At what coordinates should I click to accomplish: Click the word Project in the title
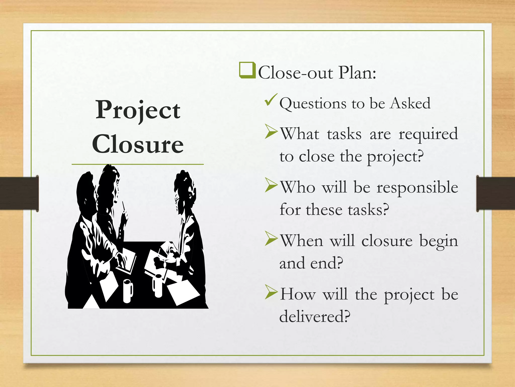coord(138,110)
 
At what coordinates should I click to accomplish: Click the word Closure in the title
coord(138,144)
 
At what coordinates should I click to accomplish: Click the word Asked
coord(410,103)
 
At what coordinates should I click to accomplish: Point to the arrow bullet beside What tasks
coord(271,132)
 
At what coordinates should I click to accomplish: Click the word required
coord(428,134)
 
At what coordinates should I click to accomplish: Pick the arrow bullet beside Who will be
coord(271,185)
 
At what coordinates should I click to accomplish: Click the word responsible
coord(417,188)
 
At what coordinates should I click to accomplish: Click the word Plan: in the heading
coord(357,73)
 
